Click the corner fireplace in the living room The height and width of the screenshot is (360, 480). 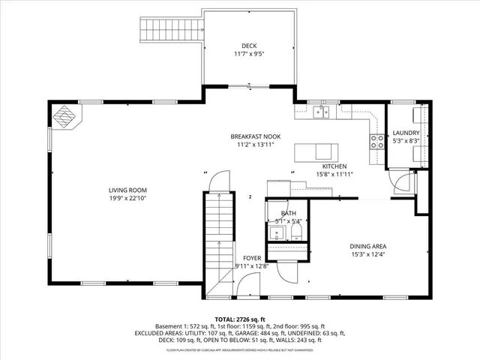[64, 116]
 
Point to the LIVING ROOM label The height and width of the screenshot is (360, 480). [127, 190]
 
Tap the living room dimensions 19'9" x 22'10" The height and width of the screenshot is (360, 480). [127, 199]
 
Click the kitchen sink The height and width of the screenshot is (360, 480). [321, 112]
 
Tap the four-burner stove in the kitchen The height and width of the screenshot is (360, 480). [375, 141]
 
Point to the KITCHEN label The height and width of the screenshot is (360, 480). [334, 166]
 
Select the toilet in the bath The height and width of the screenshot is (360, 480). [276, 233]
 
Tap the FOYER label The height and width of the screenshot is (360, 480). [251, 257]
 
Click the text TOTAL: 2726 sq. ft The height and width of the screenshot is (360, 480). [240, 319]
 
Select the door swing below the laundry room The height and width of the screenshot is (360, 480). [403, 181]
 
